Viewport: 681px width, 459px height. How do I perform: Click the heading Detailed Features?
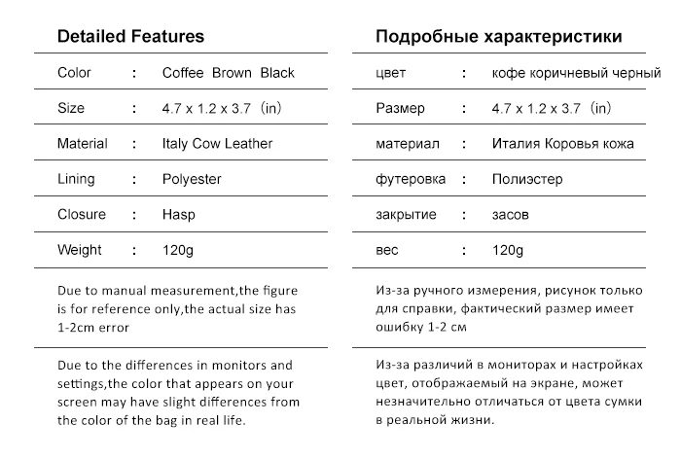pyautogui.click(x=130, y=37)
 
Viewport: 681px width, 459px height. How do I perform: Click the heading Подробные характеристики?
pyautogui.click(x=499, y=37)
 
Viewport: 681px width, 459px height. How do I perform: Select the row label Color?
pyautogui.click(x=75, y=73)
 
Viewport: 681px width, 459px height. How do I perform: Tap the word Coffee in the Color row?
pyautogui.click(x=184, y=73)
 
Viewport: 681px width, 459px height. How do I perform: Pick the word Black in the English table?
pyautogui.click(x=276, y=73)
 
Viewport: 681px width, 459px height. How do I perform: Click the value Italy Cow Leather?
pyautogui.click(x=217, y=144)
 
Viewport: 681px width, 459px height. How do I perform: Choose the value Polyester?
pyautogui.click(x=192, y=180)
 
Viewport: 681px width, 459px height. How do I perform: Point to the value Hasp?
pyautogui.click(x=178, y=215)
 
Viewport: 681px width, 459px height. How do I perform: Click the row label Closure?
pyautogui.click(x=82, y=215)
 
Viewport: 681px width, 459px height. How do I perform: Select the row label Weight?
pyautogui.click(x=80, y=251)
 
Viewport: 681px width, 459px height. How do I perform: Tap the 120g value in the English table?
pyautogui.click(x=177, y=251)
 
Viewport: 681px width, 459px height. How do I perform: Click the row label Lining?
pyautogui.click(x=77, y=180)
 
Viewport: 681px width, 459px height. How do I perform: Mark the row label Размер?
pyautogui.click(x=400, y=109)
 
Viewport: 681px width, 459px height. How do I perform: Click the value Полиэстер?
pyautogui.click(x=527, y=180)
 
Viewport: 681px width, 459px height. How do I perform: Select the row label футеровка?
pyautogui.click(x=411, y=180)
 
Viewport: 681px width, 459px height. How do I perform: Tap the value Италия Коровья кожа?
pyautogui.click(x=563, y=144)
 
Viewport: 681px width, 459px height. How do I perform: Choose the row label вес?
pyautogui.click(x=387, y=251)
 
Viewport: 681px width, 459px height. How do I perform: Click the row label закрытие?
pyautogui.click(x=406, y=215)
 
